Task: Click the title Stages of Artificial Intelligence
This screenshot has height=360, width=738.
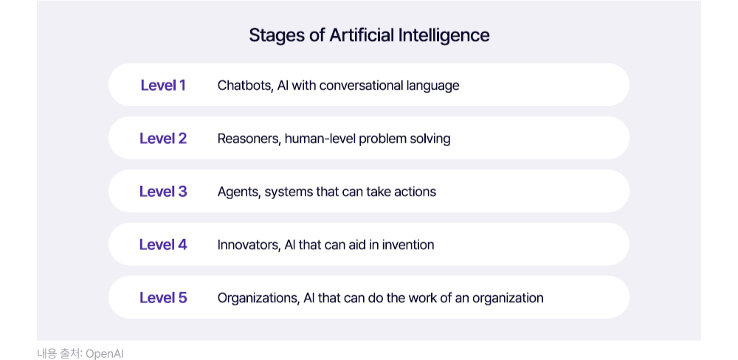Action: [x=369, y=35]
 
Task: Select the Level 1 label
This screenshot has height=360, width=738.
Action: [x=163, y=85]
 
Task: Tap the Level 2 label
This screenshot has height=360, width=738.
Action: [x=163, y=139]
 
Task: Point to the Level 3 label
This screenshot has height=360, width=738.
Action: [x=163, y=192]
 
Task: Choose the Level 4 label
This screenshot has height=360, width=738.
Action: [x=163, y=245]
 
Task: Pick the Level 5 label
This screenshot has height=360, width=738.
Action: [x=163, y=298]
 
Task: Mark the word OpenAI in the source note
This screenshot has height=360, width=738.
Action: [x=105, y=354]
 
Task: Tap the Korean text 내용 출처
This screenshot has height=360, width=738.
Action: [x=59, y=354]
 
